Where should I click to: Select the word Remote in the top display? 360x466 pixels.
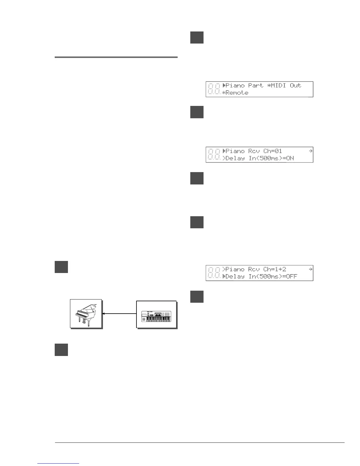[237, 93]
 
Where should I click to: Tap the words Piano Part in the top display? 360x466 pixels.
[244, 85]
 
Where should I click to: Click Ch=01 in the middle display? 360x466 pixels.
[273, 151]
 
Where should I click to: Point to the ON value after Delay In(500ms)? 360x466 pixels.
[290, 158]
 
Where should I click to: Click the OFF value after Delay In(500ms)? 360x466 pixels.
[291, 276]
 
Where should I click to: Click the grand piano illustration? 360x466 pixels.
[86, 314]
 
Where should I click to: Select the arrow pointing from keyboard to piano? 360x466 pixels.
[119, 314]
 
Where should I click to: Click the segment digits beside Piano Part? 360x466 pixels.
[214, 89]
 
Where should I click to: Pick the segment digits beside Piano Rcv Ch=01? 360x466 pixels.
[214, 155]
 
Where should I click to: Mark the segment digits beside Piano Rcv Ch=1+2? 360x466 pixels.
[214, 273]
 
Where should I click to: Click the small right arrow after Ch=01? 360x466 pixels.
[310, 151]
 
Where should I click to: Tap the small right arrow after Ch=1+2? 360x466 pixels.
[310, 269]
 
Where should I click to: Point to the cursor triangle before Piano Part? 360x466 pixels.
[224, 85]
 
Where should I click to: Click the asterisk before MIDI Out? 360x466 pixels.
[269, 85]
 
